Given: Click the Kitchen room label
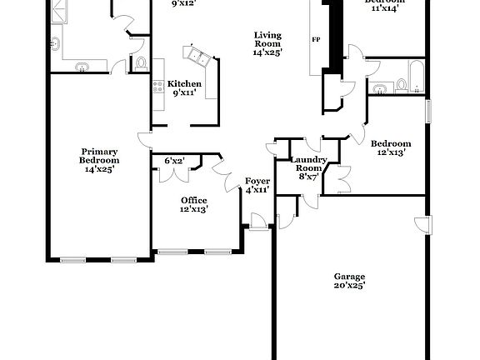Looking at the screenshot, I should point(184,83).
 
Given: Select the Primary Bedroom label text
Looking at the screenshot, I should point(99,155).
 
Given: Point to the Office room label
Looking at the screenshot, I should point(194,200).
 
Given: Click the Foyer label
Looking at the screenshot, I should point(256,181).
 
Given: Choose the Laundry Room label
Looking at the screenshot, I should point(308,162).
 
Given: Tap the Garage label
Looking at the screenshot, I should point(350,277).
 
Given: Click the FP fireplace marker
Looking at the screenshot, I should point(316,39).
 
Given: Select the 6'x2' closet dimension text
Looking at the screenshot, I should point(174,160).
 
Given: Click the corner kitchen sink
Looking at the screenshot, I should point(198,56).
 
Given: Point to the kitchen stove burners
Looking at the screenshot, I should point(157,84).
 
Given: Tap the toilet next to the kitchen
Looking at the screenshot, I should point(140,62).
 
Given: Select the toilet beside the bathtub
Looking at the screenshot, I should point(401,83).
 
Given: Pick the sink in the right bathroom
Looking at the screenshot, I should point(380,86).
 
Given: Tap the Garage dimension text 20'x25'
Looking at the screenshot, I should point(350,286).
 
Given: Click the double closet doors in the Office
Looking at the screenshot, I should point(176,173).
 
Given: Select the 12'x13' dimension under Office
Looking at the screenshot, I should point(194,209).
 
